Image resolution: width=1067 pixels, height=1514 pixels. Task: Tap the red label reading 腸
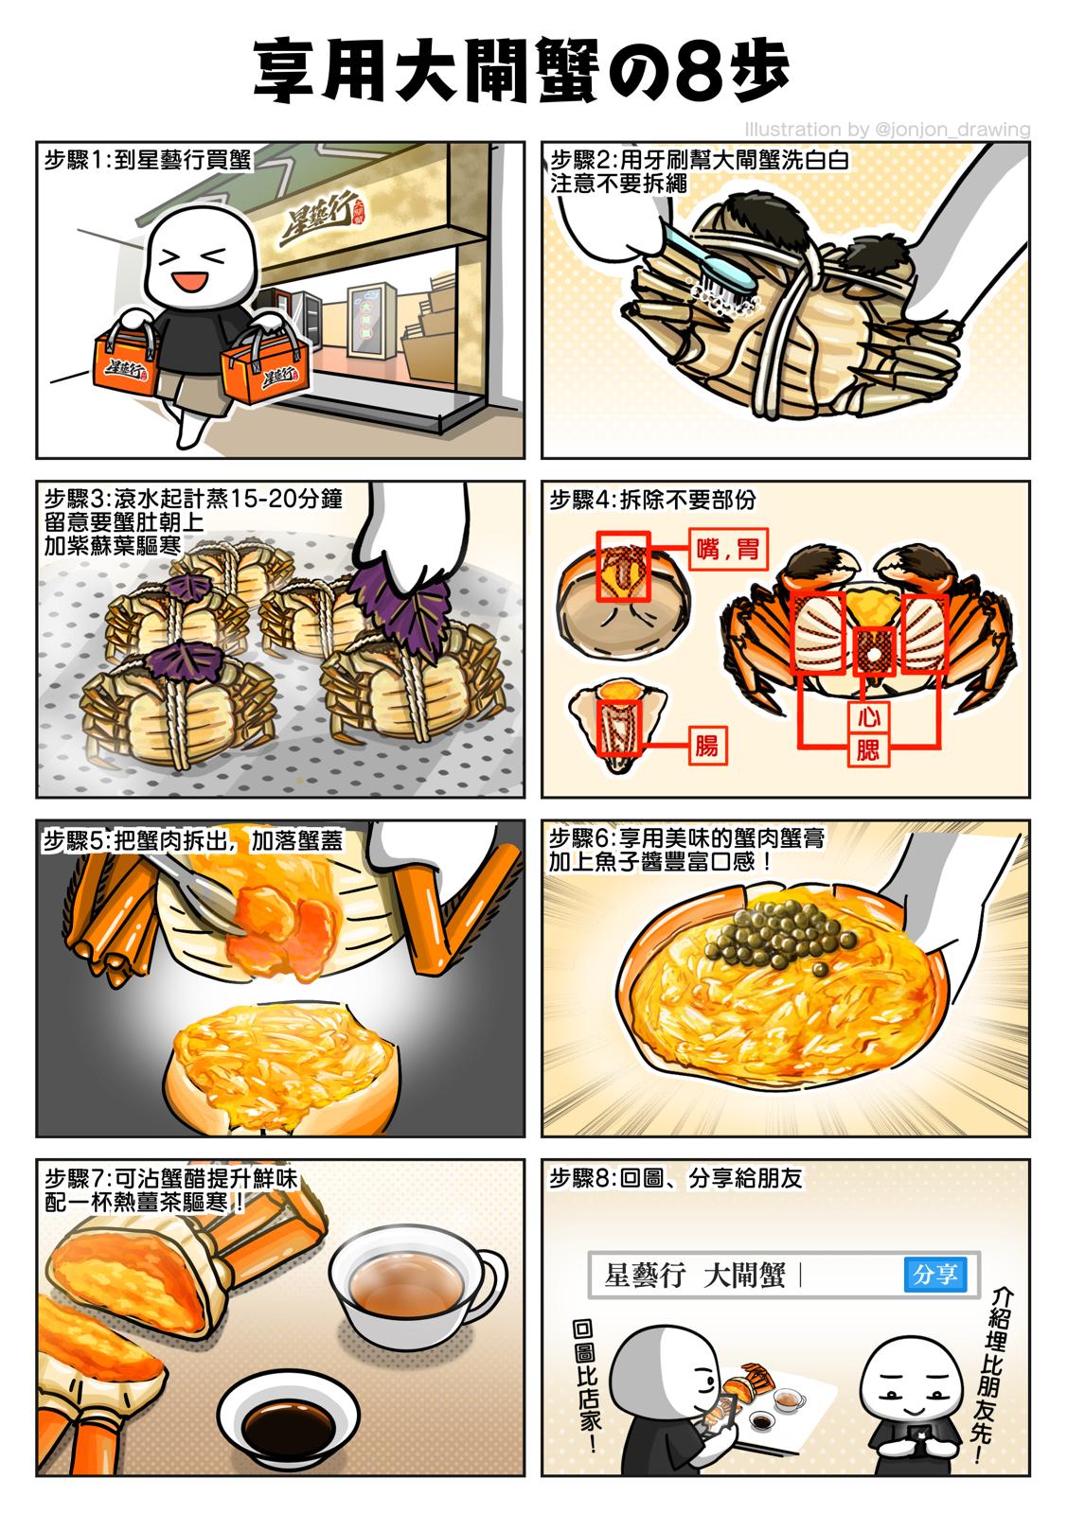[707, 746]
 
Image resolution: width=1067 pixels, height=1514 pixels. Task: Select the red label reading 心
[868, 716]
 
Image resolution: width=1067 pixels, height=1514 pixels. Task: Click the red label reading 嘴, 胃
[728, 548]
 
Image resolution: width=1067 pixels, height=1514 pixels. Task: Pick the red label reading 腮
[868, 750]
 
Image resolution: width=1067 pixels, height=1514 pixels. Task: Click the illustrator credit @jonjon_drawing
[887, 129]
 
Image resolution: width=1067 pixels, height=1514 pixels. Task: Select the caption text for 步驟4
[652, 501]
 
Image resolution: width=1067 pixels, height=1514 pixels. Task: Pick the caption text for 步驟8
[675, 1178]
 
